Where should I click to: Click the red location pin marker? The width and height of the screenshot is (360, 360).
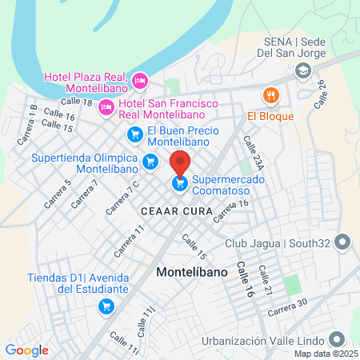coord(181,162)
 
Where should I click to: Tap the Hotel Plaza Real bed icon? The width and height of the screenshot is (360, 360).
coord(140,80)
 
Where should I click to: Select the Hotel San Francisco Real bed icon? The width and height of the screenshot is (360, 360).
coord(106,106)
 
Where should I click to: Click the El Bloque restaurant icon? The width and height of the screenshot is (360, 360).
coord(271,95)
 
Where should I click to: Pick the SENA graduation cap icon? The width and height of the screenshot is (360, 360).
coord(302,71)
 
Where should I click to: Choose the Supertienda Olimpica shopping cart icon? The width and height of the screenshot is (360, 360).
coord(150,162)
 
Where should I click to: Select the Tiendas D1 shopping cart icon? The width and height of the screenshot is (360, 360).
coord(105,305)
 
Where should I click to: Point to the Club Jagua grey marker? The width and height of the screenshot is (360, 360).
coord(343,241)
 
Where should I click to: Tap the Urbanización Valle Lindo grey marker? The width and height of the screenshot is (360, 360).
coord(343,337)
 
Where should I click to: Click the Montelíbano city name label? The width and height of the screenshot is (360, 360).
coord(192,271)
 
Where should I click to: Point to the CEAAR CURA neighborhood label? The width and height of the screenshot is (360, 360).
coord(176,211)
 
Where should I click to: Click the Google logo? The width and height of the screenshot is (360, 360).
coord(26,350)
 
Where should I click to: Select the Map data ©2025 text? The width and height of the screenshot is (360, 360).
coord(326,353)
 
